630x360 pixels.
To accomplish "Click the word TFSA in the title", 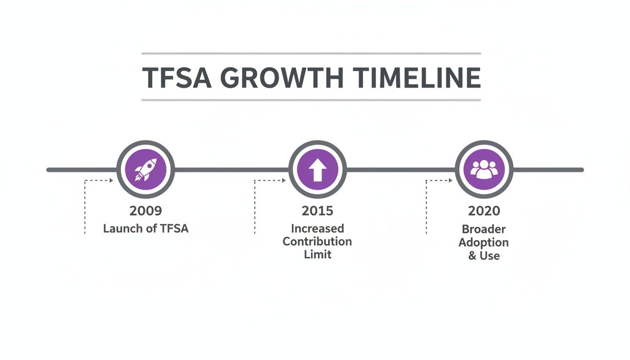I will coord(176,77).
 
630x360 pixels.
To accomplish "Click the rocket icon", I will coord(145,169).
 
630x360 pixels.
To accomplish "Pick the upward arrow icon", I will coord(317,169).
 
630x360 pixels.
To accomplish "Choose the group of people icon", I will coord(484,169).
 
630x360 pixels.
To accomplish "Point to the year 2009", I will coord(146,211).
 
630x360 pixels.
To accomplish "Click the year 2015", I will coord(317,211).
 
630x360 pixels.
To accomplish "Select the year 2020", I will coord(484,211).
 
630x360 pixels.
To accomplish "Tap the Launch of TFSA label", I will coord(146,229).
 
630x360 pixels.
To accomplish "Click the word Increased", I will coord(317,228).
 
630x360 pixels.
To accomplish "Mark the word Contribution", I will coord(317,241).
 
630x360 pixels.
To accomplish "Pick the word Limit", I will coord(317,255).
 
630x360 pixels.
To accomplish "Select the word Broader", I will coord(484,229).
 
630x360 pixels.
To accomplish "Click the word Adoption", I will coord(484,242).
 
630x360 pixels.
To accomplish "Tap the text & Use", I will coord(484,256).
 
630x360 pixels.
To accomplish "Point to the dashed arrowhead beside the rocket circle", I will coord(111,180).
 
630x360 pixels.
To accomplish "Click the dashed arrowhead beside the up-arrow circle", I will coord(284,180).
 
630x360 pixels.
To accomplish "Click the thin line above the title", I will coord(311,54).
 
